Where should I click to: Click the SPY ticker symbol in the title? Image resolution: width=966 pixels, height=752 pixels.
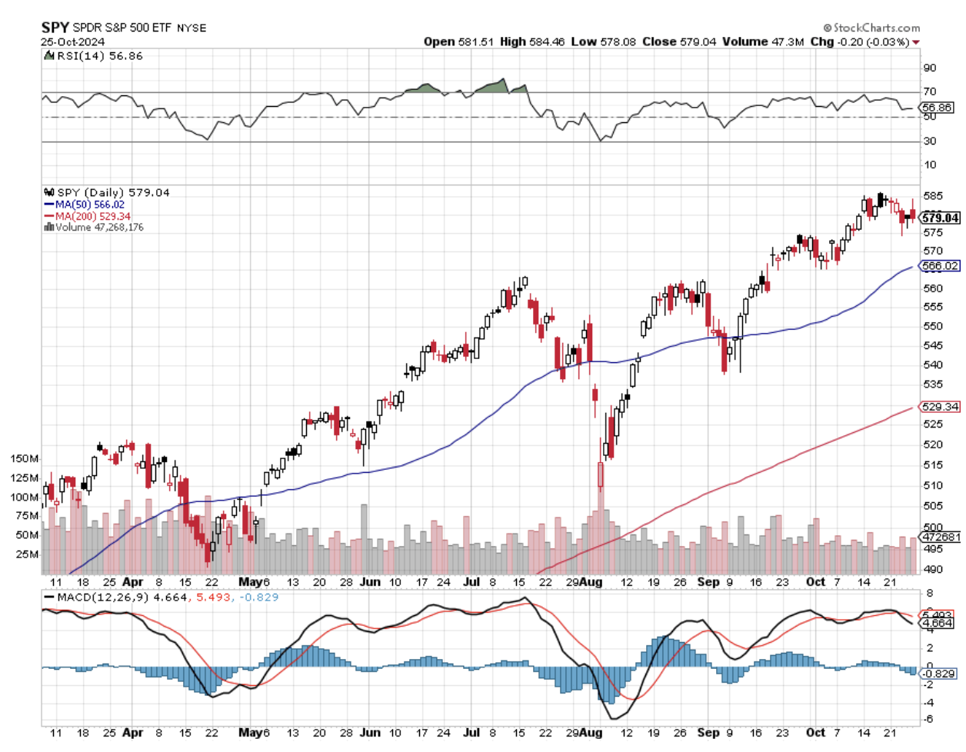tap(55, 28)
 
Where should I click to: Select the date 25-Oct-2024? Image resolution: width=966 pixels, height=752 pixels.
tap(73, 42)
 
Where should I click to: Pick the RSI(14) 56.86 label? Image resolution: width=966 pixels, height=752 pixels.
tap(94, 56)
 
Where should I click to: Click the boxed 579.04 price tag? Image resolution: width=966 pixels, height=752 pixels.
tap(941, 218)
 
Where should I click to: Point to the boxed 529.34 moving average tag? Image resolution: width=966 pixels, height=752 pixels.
tap(941, 407)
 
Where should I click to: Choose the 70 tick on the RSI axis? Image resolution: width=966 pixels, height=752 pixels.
tap(930, 92)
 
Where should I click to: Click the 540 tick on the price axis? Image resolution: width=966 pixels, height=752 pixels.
tap(932, 365)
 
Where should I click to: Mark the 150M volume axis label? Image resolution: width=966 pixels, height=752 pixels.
tap(24, 458)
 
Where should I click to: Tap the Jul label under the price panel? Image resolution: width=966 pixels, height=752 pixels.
tap(471, 582)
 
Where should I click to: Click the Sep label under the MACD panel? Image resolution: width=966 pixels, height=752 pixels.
tap(708, 733)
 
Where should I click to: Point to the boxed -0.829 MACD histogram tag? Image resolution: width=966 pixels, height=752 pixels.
tap(939, 674)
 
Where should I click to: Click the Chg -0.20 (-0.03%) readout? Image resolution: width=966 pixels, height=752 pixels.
tap(860, 42)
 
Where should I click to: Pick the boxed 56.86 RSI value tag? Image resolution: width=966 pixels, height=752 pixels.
tap(937, 108)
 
